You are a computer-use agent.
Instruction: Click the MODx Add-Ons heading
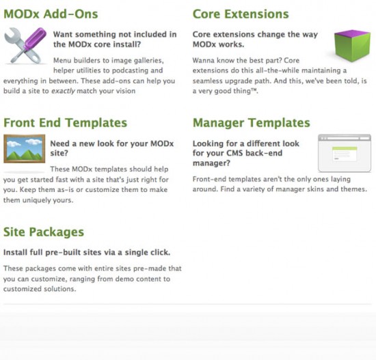(x=51, y=14)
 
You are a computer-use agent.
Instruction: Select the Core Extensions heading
(x=241, y=14)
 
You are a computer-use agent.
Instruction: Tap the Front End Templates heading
(x=65, y=123)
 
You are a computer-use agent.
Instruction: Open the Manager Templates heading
(x=252, y=123)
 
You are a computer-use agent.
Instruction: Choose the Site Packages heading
(x=44, y=232)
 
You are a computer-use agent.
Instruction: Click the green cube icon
(x=352, y=45)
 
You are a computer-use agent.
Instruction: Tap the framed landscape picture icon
(x=24, y=149)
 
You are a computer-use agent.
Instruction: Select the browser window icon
(x=345, y=153)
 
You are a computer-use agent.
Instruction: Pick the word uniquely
(x=36, y=200)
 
